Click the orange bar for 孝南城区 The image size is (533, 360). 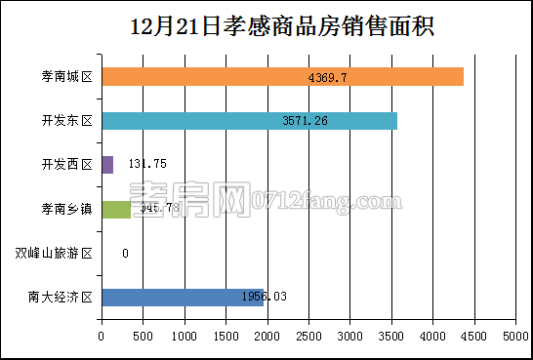coord(282,76)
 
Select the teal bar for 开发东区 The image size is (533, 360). coord(249,121)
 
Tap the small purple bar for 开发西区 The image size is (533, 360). coord(107,165)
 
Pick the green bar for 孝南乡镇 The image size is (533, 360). coord(115,209)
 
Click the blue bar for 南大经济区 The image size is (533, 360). coord(182,298)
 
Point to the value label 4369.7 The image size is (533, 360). coord(328,76)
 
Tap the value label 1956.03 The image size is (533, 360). coord(264,298)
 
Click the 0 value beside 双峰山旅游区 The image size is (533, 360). coord(126,254)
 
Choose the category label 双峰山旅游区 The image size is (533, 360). coord(54,254)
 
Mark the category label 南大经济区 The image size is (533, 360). coord(61,298)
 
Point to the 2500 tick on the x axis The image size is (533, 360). coord(308,337)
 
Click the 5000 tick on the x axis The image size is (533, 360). coord(515,337)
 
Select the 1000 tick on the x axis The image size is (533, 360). coord(184,337)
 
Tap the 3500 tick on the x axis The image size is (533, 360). coord(391,337)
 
